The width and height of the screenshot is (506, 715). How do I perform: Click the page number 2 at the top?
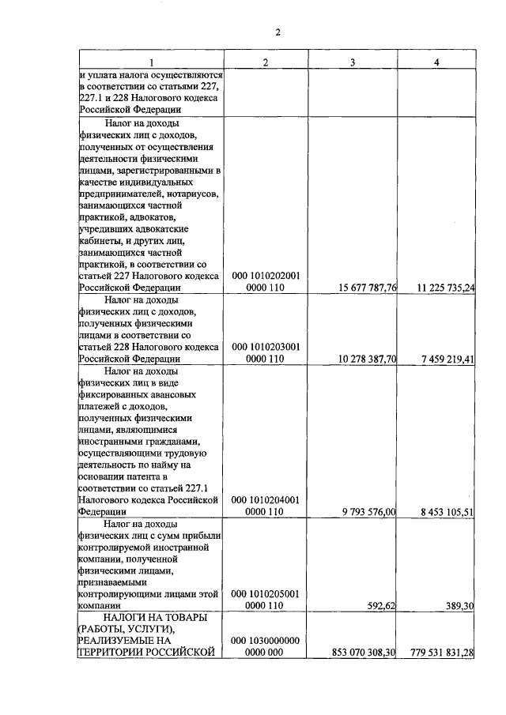tap(278, 32)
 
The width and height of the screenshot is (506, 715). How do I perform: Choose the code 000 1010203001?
tap(265, 347)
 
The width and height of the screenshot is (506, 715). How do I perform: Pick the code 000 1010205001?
tap(265, 593)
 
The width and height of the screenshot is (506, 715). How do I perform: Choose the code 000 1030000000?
tap(265, 640)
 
